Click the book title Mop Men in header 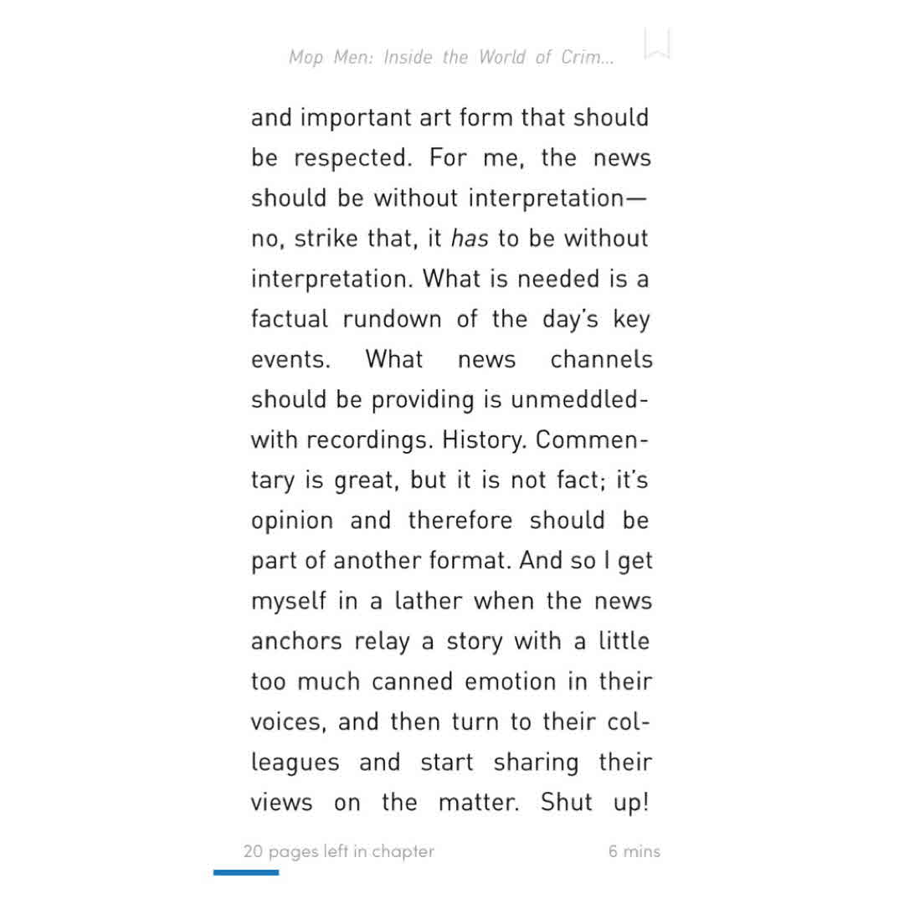[451, 57]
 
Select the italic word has [469, 239]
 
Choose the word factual [289, 319]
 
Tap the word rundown [392, 319]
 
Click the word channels [601, 359]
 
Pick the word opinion [292, 521]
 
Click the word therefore [460, 520]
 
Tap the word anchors [296, 641]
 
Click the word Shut [567, 802]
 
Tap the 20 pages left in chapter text [339, 851]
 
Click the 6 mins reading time [634, 851]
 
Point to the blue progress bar [246, 872]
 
